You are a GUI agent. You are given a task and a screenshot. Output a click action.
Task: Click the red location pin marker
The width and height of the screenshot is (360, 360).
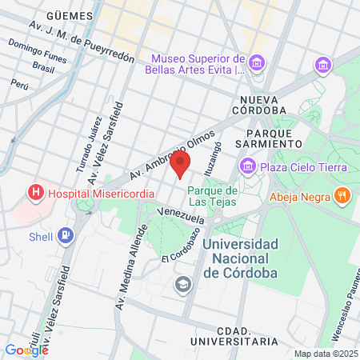coord(181,164)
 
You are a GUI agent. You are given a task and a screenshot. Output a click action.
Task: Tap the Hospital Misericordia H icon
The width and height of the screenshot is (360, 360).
coord(35,193)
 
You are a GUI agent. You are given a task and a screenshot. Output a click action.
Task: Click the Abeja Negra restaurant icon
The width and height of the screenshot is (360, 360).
coord(342,195)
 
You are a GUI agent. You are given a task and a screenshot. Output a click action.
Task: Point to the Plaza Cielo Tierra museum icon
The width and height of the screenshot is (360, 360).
coord(247,166)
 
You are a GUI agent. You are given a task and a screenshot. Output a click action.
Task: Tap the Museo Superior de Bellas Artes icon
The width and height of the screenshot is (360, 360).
coord(257,62)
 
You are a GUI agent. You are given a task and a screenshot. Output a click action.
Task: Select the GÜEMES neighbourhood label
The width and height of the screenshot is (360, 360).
coord(67,14)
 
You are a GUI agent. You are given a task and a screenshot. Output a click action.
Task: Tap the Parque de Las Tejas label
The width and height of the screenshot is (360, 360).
coord(213,195)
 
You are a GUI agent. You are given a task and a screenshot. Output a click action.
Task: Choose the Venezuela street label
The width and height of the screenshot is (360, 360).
coord(177,212)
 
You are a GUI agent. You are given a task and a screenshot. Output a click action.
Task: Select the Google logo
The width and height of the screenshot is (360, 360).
coord(26,350)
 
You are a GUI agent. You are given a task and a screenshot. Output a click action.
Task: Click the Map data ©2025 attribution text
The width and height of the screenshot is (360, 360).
coord(325,353)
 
